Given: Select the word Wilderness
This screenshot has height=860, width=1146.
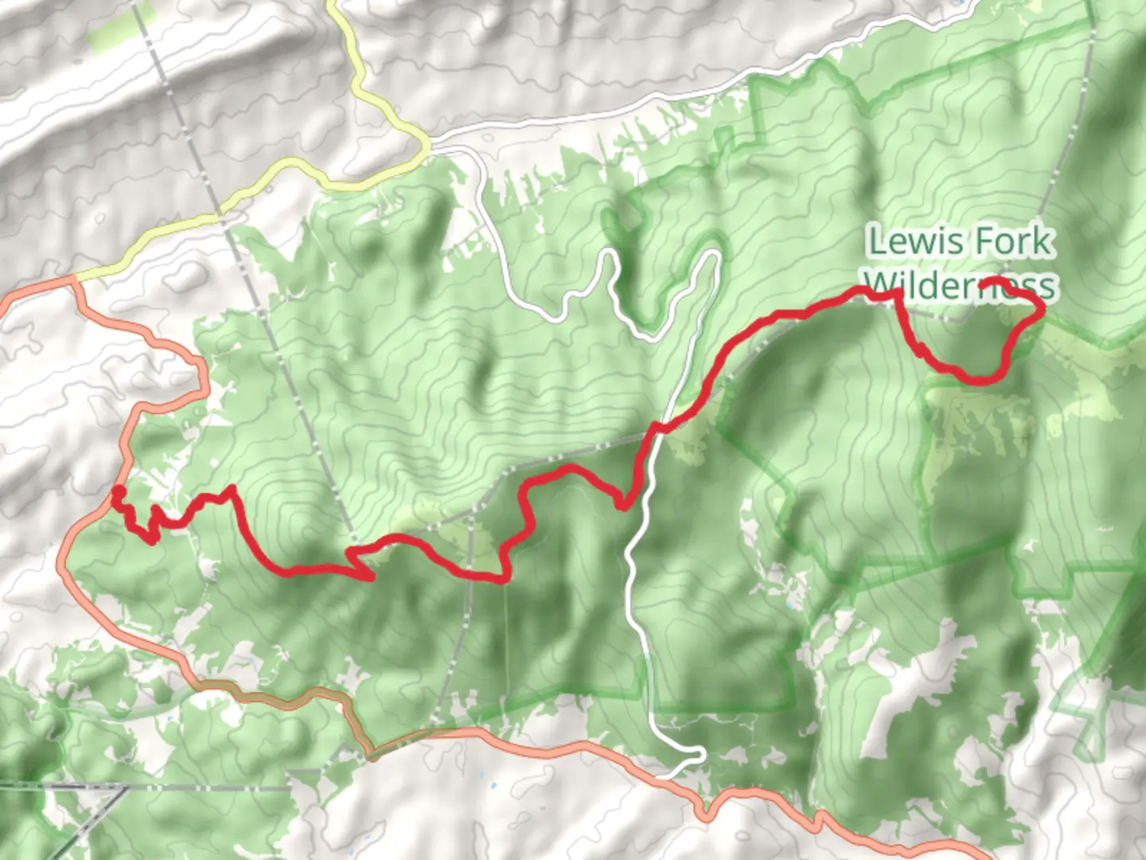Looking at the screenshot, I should (960, 285).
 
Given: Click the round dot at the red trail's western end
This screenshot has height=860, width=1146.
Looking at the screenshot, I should (118, 491).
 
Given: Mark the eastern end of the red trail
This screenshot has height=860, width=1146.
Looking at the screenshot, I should (985, 283).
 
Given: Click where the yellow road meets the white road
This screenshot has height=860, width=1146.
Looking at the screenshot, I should (428, 147).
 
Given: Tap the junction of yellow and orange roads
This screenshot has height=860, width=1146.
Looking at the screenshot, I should (76, 279).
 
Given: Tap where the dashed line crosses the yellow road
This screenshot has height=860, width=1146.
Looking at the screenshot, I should (217, 216).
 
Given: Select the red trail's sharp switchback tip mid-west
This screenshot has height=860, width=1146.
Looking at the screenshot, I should (371, 577).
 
